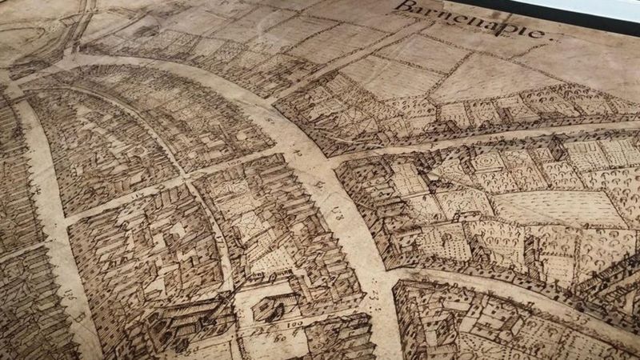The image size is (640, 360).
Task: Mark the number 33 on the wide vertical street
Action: (374, 297)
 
